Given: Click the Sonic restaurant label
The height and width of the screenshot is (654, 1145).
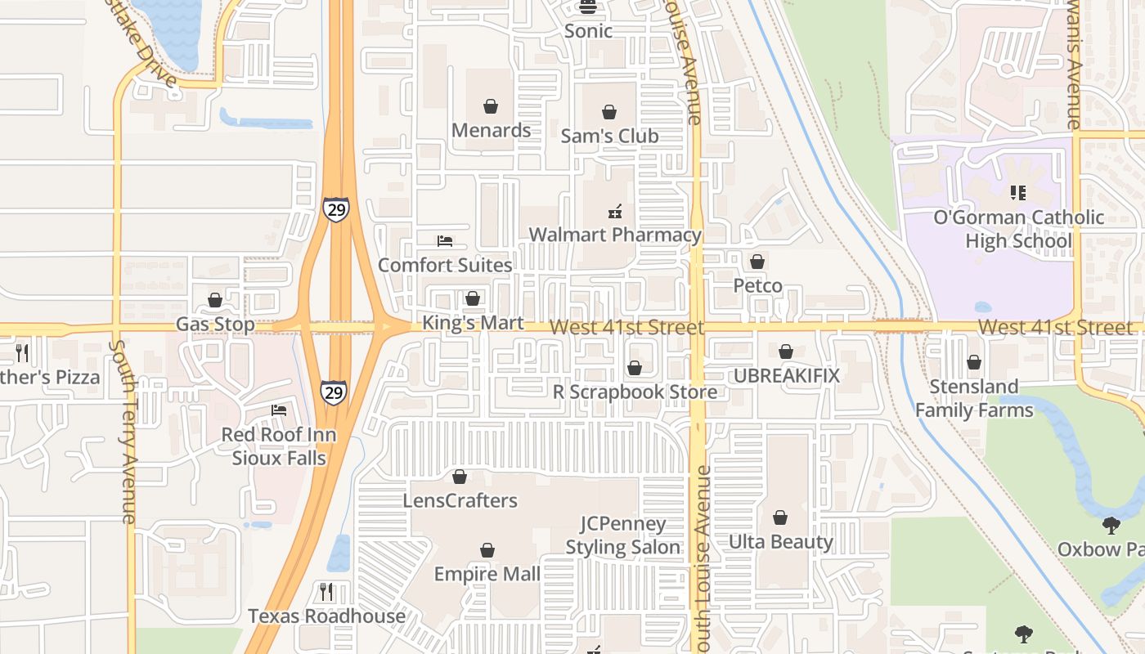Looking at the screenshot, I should (x=588, y=31).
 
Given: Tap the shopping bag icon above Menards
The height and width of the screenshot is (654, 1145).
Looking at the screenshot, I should (x=491, y=106).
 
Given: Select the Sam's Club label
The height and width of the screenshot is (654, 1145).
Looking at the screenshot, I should (x=609, y=136).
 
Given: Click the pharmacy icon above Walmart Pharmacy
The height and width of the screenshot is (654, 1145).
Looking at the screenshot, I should (x=615, y=212).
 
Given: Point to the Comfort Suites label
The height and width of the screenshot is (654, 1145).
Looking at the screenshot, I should (x=445, y=265).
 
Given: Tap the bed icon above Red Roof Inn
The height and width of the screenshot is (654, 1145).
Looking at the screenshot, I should (x=279, y=410).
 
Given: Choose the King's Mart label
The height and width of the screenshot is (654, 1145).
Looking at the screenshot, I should (x=473, y=323).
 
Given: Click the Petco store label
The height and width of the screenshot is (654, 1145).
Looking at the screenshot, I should (x=757, y=286).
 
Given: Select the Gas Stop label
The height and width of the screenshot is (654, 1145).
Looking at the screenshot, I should (x=215, y=325).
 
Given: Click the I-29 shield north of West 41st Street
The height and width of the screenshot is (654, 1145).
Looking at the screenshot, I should (x=335, y=208).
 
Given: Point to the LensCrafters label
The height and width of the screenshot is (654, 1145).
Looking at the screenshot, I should (x=460, y=500).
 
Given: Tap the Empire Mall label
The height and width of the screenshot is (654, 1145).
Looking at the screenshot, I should (x=487, y=574).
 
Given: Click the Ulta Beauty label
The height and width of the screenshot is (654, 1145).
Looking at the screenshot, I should (x=780, y=541).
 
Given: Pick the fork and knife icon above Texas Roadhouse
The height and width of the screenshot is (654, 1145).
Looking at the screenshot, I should (x=326, y=591).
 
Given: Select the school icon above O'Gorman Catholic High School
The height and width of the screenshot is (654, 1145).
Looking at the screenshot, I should (x=1018, y=193).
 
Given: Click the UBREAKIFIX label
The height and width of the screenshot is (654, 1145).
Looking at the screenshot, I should (x=786, y=375).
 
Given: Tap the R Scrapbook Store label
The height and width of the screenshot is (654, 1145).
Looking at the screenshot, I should (x=635, y=392).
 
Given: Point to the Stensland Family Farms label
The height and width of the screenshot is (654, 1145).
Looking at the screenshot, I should (x=974, y=398).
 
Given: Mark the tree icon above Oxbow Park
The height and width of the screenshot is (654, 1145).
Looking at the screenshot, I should (x=1111, y=525).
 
